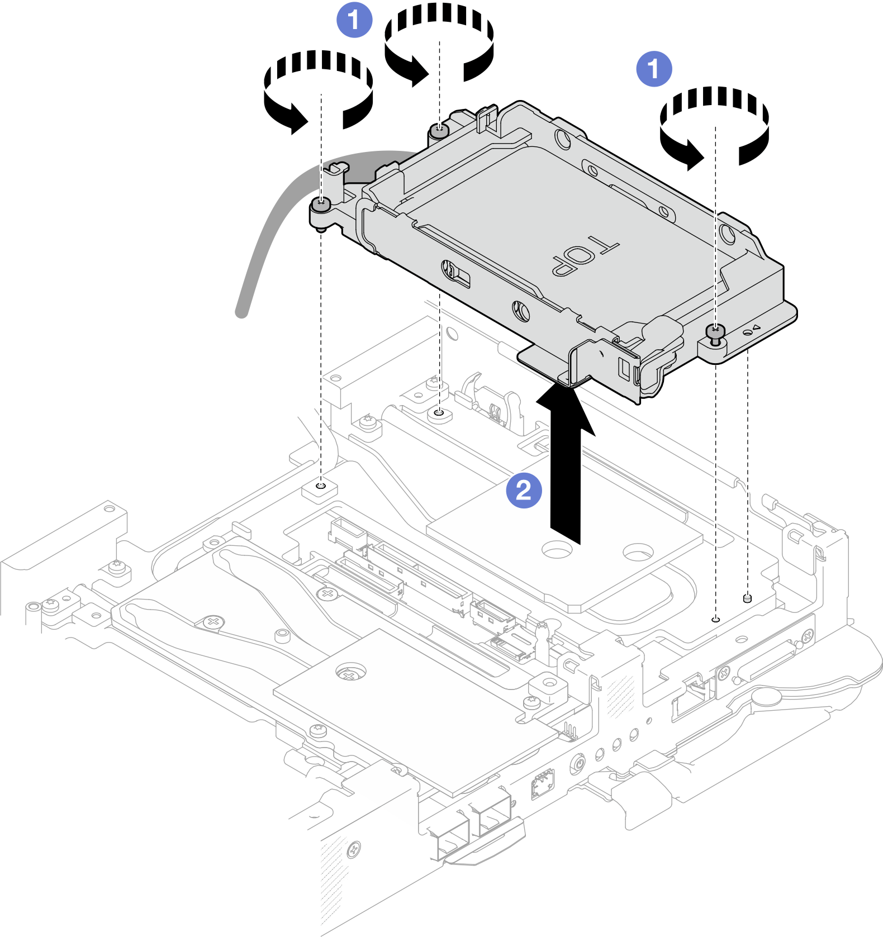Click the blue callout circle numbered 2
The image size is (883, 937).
pos(524,491)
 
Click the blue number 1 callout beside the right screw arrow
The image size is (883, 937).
pos(654,69)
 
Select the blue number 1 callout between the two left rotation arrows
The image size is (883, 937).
pos(354,20)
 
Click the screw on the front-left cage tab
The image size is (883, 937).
pos(320,206)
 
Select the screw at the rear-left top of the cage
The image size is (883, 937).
pos(439,131)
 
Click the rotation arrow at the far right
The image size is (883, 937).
pos(714,126)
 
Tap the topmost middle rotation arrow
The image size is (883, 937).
pos(439,42)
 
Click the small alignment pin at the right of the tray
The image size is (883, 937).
pos(748,598)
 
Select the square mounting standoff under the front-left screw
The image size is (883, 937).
pos(320,490)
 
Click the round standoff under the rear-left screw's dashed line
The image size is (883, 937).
pos(439,415)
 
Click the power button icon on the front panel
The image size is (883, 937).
pos(578,763)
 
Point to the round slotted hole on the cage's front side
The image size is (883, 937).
pos(521,310)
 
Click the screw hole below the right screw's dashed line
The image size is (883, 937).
pos(715,620)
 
